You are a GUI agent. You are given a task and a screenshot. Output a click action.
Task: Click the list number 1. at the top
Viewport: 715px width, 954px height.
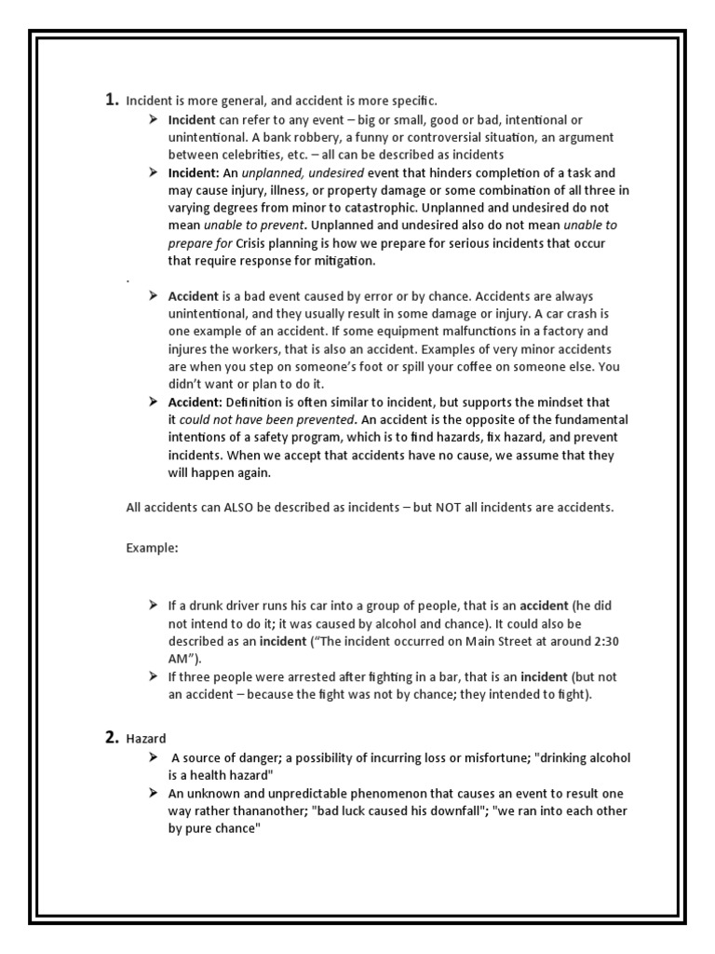111,100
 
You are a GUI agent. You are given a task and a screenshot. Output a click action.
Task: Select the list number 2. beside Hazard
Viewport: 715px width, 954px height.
111,739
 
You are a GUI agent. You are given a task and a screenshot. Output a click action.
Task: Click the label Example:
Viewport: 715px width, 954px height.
152,547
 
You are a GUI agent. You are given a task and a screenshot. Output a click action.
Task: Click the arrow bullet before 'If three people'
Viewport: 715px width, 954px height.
153,675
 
